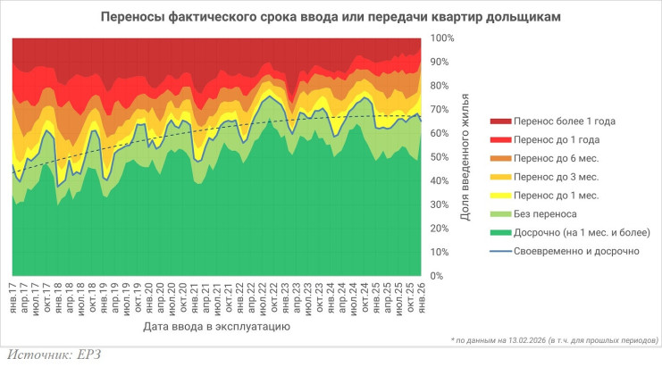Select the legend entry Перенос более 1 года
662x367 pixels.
[564, 121]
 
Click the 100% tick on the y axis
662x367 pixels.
[443, 39]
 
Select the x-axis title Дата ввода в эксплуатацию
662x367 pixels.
[215, 328]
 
